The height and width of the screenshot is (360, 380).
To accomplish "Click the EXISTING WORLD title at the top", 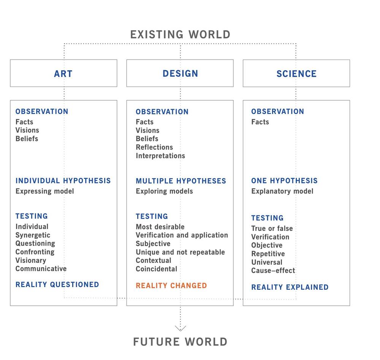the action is [180, 35].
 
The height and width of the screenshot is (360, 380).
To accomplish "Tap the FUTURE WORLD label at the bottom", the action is [180, 342].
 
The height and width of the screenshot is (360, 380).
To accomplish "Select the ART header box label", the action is [63, 74].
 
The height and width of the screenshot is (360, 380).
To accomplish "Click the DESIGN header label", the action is [180, 73].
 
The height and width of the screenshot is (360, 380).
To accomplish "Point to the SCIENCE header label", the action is [296, 74].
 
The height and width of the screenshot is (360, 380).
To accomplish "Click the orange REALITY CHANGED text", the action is [171, 286].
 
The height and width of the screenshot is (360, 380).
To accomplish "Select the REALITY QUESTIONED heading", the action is [57, 284].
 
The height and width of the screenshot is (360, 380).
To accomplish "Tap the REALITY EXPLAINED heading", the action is [290, 287].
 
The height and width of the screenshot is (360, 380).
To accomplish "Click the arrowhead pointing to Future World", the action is [180, 328].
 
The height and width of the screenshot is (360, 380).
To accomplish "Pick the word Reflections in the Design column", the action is [154, 147].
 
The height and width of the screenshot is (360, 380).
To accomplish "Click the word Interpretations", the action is [160, 156].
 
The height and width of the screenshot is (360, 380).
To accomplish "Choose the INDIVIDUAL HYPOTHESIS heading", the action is [63, 180].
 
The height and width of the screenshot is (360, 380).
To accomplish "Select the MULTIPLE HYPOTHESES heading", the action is [181, 181].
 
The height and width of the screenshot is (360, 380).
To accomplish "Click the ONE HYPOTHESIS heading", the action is [284, 180].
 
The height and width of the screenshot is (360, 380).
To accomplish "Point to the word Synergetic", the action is [33, 235].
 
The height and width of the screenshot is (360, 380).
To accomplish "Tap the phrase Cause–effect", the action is [273, 270].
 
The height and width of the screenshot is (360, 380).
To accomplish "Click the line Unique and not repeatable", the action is [180, 252].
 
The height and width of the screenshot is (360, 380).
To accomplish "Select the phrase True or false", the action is [272, 228].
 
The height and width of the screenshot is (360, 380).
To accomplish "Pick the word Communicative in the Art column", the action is [41, 268].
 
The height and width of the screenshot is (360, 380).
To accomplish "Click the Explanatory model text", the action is [282, 191].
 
